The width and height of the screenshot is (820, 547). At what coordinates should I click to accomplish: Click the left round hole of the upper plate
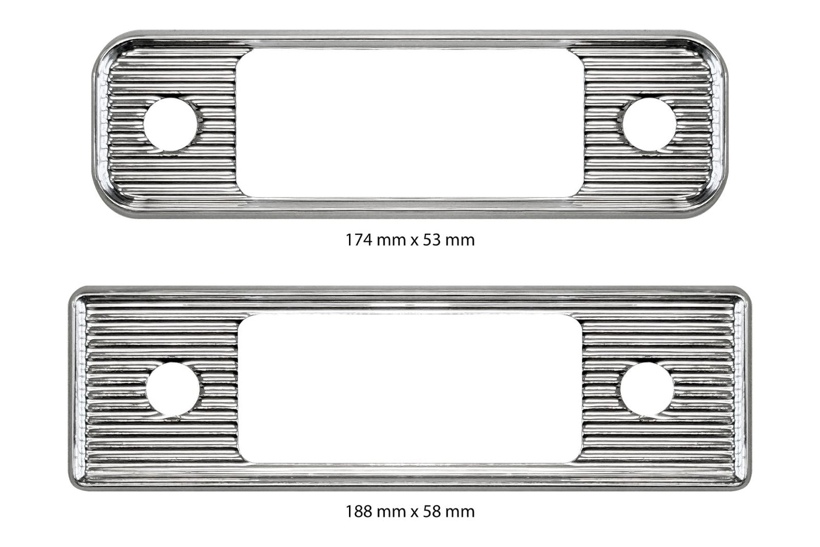click(x=171, y=124)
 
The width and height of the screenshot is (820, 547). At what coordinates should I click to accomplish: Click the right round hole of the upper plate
click(x=649, y=124)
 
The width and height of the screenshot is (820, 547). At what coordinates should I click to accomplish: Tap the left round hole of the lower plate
click(x=173, y=389)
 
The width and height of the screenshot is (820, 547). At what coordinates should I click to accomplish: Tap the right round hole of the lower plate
click(x=647, y=389)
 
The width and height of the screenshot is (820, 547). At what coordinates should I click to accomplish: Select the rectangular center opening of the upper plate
click(x=410, y=123)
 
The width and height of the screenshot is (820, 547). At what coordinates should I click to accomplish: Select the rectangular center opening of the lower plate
click(x=410, y=389)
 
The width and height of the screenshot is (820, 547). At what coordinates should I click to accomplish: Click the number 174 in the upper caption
click(x=359, y=240)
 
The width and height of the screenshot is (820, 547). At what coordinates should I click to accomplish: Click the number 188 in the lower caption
click(x=359, y=511)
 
